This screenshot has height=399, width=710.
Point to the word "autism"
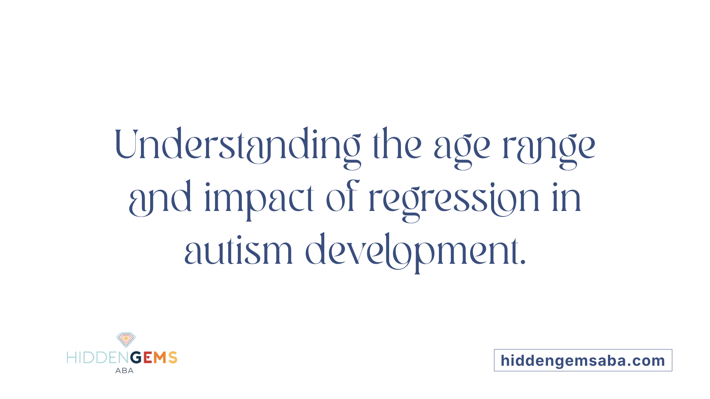point(239,249)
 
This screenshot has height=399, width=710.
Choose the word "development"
point(412,253)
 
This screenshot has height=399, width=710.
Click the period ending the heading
point(523,262)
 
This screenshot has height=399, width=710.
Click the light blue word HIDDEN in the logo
point(98,358)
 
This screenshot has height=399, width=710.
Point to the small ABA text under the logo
point(124,371)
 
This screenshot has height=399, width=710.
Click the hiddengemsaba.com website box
point(583,360)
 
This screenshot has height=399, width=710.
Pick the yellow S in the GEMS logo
point(173,358)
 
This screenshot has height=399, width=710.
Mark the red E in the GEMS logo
point(148,358)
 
